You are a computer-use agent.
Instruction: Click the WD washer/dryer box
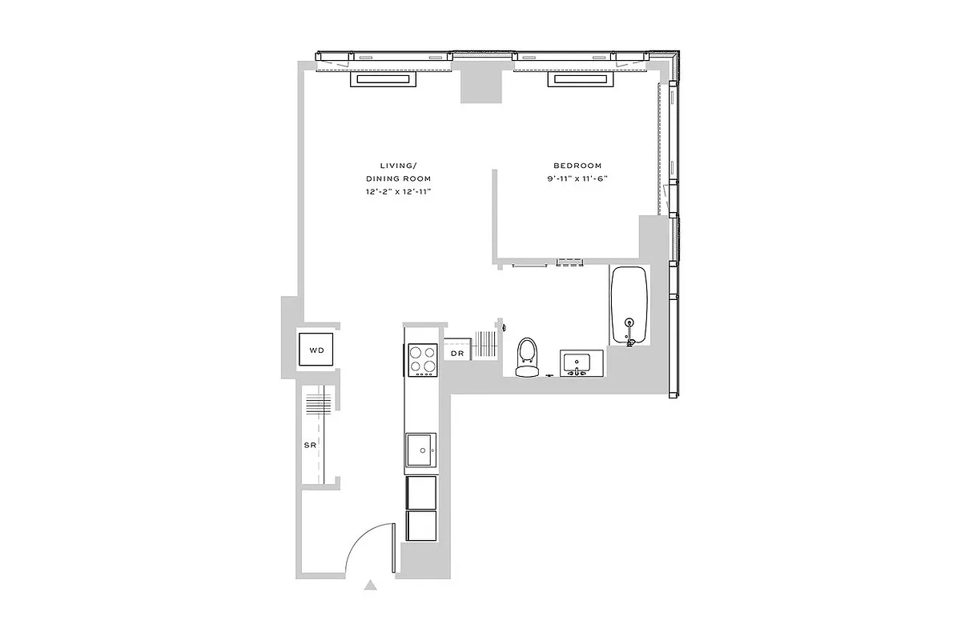317,350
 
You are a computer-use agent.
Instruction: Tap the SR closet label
309,444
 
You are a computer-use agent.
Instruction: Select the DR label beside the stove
457,354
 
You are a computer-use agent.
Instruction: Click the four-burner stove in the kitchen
423,359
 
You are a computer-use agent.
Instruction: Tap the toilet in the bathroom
526,357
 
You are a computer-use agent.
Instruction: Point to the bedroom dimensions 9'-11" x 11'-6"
578,179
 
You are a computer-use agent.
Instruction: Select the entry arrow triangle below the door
370,586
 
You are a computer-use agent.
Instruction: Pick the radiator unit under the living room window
384,80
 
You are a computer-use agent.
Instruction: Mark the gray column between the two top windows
480,83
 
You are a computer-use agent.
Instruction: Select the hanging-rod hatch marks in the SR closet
318,403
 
